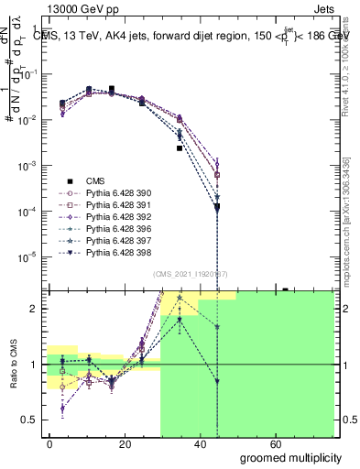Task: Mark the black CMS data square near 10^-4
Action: tap(217, 208)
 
